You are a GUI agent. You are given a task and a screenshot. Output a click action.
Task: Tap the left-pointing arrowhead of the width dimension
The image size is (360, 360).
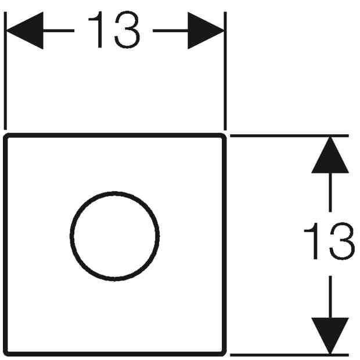pyautogui.click(x=25, y=31)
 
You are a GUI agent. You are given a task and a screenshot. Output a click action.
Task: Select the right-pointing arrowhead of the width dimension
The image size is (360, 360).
pyautogui.click(x=206, y=31)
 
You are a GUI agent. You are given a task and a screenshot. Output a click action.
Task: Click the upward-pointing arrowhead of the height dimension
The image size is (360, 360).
pyautogui.click(x=330, y=155)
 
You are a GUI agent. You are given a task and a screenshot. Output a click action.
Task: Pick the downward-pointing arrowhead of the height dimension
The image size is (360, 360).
pyautogui.click(x=330, y=336)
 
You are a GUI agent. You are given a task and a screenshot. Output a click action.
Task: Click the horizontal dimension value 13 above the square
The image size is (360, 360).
pyautogui.click(x=114, y=30)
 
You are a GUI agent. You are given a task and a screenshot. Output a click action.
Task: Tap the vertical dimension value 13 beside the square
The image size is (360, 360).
pyautogui.click(x=329, y=241)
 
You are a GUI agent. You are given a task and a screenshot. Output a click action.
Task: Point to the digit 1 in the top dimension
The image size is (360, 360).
pyautogui.click(x=96, y=30)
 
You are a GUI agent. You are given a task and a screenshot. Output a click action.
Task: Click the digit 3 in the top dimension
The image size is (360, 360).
pyautogui.click(x=127, y=30)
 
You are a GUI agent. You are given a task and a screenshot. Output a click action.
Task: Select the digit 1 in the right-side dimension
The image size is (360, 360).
pyautogui.click(x=312, y=241)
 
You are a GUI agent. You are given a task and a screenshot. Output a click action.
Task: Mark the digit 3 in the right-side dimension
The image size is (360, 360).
pyautogui.click(x=343, y=241)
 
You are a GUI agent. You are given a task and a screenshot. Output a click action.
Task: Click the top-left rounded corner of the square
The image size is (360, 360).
pyautogui.click(x=6, y=135)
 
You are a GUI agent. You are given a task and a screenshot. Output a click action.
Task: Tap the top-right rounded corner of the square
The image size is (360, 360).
pyautogui.click(x=224, y=135)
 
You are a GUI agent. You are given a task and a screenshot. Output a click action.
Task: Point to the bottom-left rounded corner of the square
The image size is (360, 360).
pyautogui.click(x=6, y=354)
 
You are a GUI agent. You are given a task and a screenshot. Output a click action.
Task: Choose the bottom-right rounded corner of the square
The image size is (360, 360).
pyautogui.click(x=224, y=354)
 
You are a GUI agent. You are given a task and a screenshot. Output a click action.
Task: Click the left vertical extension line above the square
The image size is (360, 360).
pyautogui.click(x=5, y=71)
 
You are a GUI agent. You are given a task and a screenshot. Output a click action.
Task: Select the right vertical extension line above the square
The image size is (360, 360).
pyautogui.click(x=225, y=71)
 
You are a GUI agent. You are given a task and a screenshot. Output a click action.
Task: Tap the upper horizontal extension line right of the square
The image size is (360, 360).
pyautogui.click(x=290, y=136)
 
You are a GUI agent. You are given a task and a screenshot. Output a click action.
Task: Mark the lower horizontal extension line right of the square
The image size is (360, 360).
pyautogui.click(x=290, y=355)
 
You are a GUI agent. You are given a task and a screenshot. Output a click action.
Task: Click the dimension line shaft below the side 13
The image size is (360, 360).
pyautogui.click(x=330, y=297)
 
